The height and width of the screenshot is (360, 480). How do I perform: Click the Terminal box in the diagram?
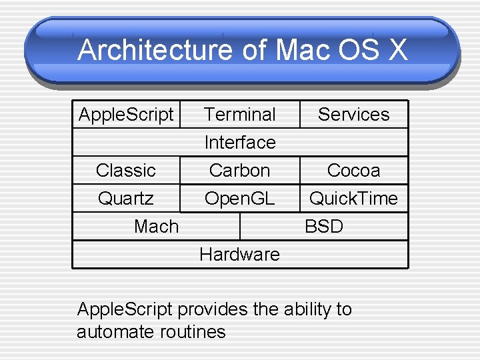[240, 114]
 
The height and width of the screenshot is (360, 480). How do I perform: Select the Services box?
[353, 114]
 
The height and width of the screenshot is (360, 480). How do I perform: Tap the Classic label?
[125, 170]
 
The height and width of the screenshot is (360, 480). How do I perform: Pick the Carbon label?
[239, 170]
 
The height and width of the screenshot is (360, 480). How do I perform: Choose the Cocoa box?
[353, 170]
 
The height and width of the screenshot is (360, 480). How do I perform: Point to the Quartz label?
[125, 198]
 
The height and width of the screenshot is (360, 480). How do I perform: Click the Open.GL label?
[239, 198]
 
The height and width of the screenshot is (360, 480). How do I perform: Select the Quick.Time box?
[353, 198]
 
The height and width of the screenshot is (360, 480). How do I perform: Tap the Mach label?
[156, 226]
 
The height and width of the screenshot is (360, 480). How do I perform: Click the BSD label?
[324, 226]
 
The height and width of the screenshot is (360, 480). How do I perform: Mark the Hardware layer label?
[239, 254]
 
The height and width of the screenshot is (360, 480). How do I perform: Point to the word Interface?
[240, 142]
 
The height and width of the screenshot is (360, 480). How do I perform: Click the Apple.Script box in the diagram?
[126, 114]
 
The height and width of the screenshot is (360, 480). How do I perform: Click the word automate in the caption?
[113, 332]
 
